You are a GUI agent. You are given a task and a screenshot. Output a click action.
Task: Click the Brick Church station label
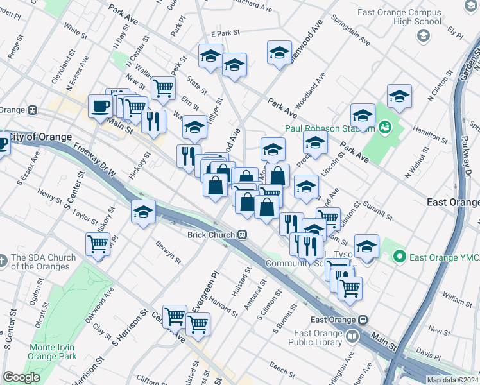(x=211, y=235)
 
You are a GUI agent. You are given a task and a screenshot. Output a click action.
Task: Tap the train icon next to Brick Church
(x=242, y=235)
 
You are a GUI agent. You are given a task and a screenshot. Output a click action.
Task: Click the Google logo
(x=21, y=377)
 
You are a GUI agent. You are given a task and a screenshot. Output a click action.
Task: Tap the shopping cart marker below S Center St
(x=98, y=244)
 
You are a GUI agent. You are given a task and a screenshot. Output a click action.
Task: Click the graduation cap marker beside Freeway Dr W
(x=143, y=211)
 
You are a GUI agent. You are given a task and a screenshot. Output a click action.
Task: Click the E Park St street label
(x=225, y=32)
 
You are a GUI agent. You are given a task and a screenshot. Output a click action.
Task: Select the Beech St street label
(x=282, y=367)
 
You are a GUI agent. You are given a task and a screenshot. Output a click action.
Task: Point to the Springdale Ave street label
(x=350, y=30)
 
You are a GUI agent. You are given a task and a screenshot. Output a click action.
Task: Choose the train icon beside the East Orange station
(x=363, y=320)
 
